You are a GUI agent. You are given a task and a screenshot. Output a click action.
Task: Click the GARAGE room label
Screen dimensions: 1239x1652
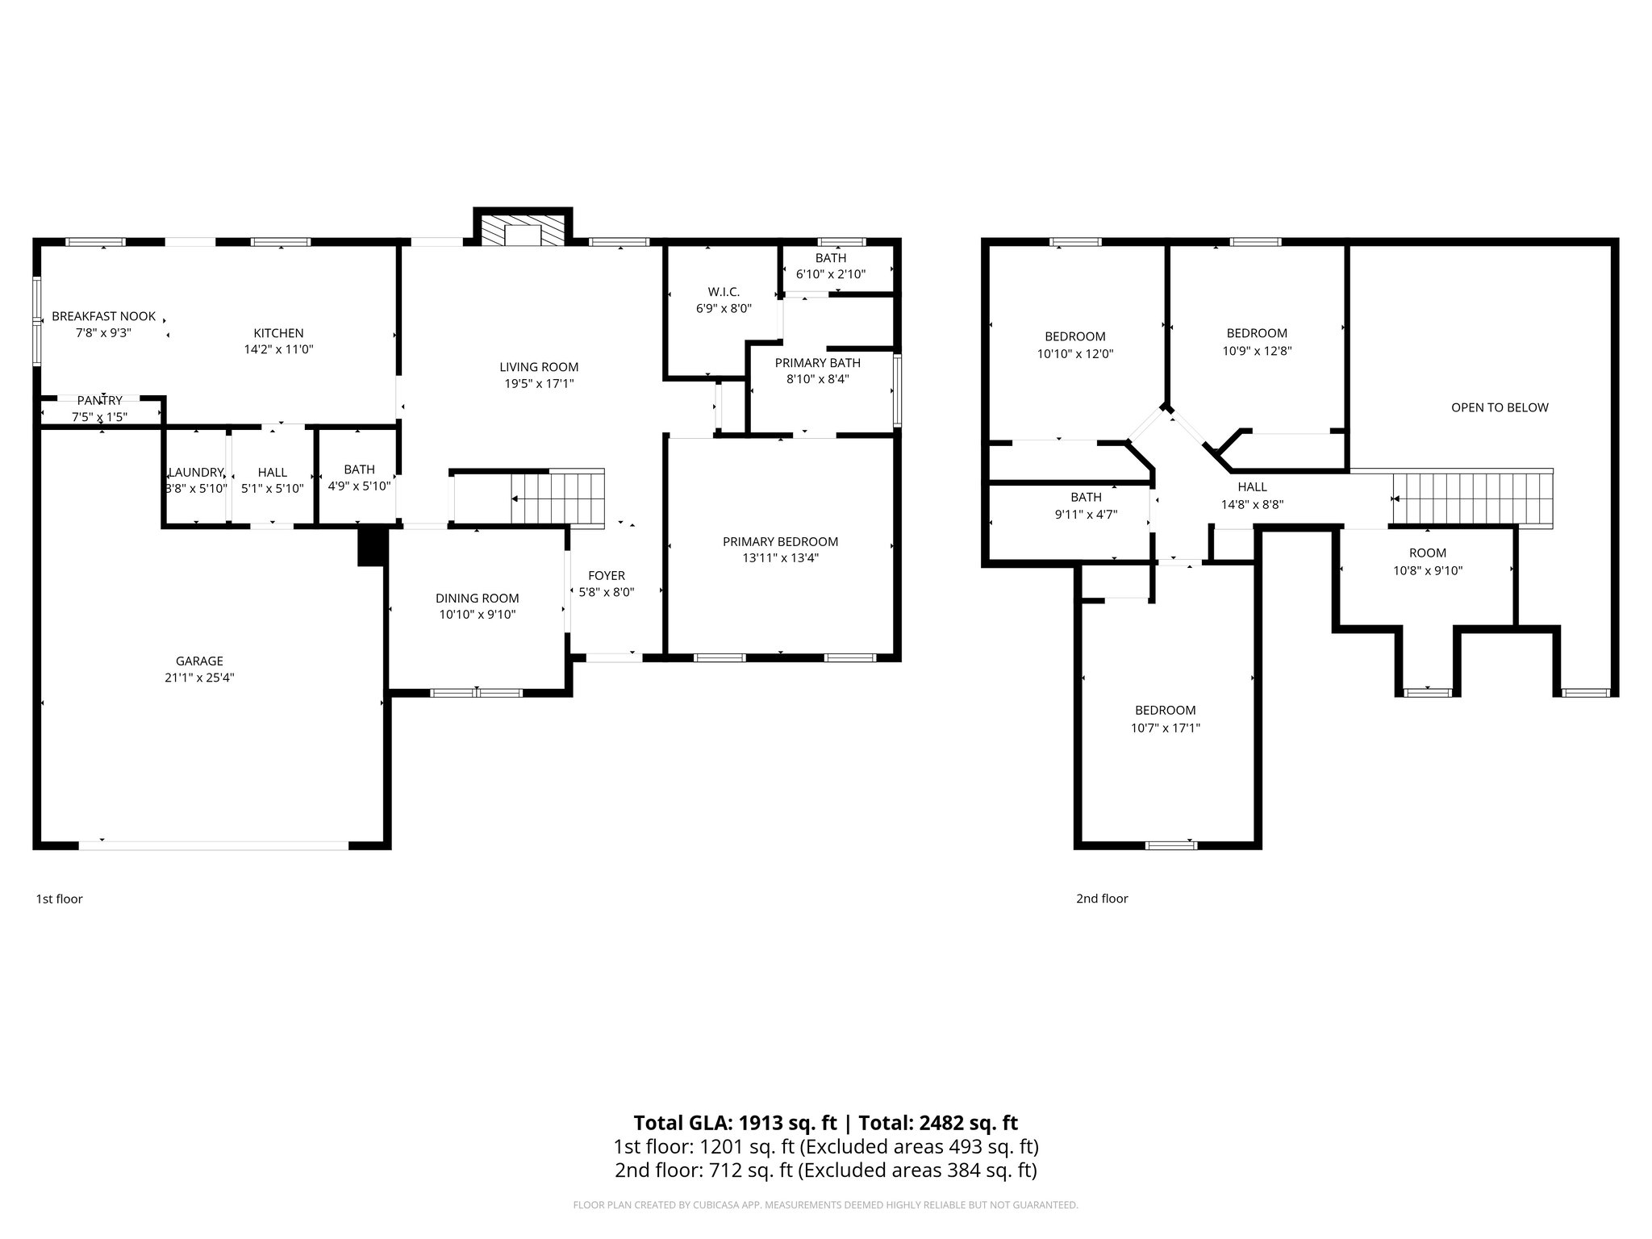coord(199,661)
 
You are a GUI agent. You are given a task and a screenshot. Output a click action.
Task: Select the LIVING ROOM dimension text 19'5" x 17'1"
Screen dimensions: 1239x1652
coord(539,384)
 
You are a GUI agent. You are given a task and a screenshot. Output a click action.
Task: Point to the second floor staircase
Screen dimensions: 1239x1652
coord(1472,499)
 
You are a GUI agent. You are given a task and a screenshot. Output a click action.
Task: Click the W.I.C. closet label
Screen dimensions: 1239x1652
coord(724,292)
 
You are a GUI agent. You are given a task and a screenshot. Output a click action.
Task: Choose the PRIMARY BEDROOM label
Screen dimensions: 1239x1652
coord(780,542)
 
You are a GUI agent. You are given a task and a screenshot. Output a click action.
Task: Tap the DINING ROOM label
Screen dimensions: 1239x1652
coord(477,599)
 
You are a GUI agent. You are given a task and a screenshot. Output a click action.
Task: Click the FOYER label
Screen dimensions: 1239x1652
coord(607,576)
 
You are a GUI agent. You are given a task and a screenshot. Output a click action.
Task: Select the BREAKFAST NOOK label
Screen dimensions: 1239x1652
coord(103,316)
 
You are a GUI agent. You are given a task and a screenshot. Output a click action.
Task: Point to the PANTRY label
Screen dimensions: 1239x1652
coord(100,401)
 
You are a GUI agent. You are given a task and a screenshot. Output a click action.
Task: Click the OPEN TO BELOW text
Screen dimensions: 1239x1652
coord(1500,407)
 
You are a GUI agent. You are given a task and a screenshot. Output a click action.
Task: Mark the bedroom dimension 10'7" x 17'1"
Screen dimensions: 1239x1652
coord(1166,728)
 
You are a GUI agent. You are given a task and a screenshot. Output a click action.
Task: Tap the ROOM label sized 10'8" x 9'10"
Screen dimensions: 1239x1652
coord(1428,553)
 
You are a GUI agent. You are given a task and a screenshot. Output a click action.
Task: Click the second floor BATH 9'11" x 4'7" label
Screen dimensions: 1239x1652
coord(1087,498)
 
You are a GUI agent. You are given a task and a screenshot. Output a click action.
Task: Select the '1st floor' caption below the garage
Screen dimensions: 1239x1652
coord(59,899)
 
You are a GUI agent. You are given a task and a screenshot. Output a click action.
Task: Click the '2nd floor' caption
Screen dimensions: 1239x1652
coord(1102,899)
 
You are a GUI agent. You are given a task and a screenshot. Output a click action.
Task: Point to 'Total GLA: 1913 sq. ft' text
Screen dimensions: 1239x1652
coord(737,1123)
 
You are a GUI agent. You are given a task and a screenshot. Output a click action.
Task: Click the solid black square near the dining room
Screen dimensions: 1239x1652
coord(370,546)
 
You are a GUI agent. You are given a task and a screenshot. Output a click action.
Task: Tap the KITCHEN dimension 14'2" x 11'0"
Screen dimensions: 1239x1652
coord(278,349)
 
